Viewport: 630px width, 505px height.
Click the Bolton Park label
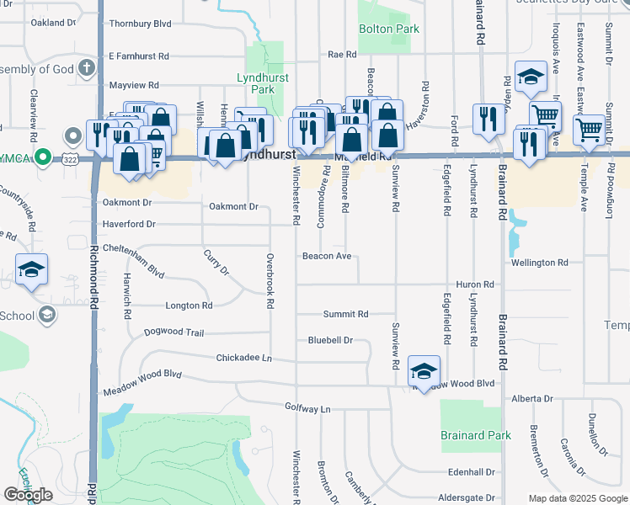tap(389, 29)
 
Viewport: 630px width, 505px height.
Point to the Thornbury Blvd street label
tap(140, 24)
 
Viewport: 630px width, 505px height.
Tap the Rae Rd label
tap(342, 54)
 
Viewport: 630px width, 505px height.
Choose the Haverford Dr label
tap(129, 224)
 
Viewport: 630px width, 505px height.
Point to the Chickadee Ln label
tap(243, 358)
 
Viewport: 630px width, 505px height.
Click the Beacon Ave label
tap(328, 256)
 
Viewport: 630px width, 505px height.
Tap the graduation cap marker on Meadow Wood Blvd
tap(424, 370)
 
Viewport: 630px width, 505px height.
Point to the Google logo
tap(28, 495)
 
